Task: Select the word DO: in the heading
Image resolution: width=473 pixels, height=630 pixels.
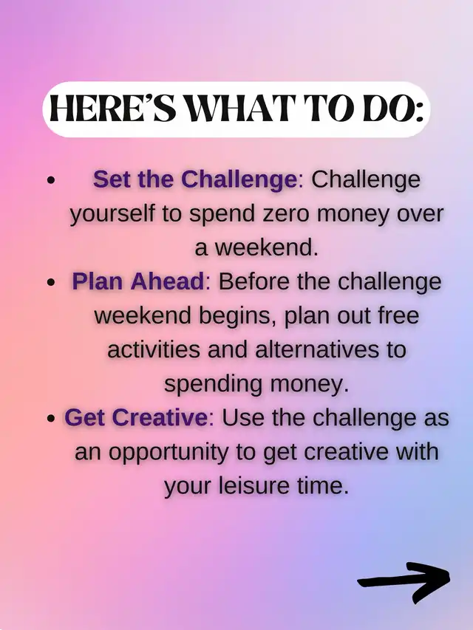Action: pyautogui.click(x=393, y=109)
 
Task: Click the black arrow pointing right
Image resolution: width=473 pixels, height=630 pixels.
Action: pyautogui.click(x=404, y=582)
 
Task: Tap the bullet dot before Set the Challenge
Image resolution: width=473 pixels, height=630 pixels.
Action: pyautogui.click(x=50, y=180)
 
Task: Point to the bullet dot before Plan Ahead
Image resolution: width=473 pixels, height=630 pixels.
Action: pyautogui.click(x=50, y=282)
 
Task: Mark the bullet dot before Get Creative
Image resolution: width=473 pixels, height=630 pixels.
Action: pyautogui.click(x=50, y=419)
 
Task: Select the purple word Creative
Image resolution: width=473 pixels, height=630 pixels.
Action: pyautogui.click(x=160, y=417)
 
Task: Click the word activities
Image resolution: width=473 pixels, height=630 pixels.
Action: pyautogui.click(x=154, y=349)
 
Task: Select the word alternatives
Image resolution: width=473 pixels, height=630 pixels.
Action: pyautogui.click(x=317, y=349)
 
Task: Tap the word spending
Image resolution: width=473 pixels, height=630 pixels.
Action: pyautogui.click(x=213, y=385)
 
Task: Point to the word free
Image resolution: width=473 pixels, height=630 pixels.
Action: pyautogui.click(x=398, y=315)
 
